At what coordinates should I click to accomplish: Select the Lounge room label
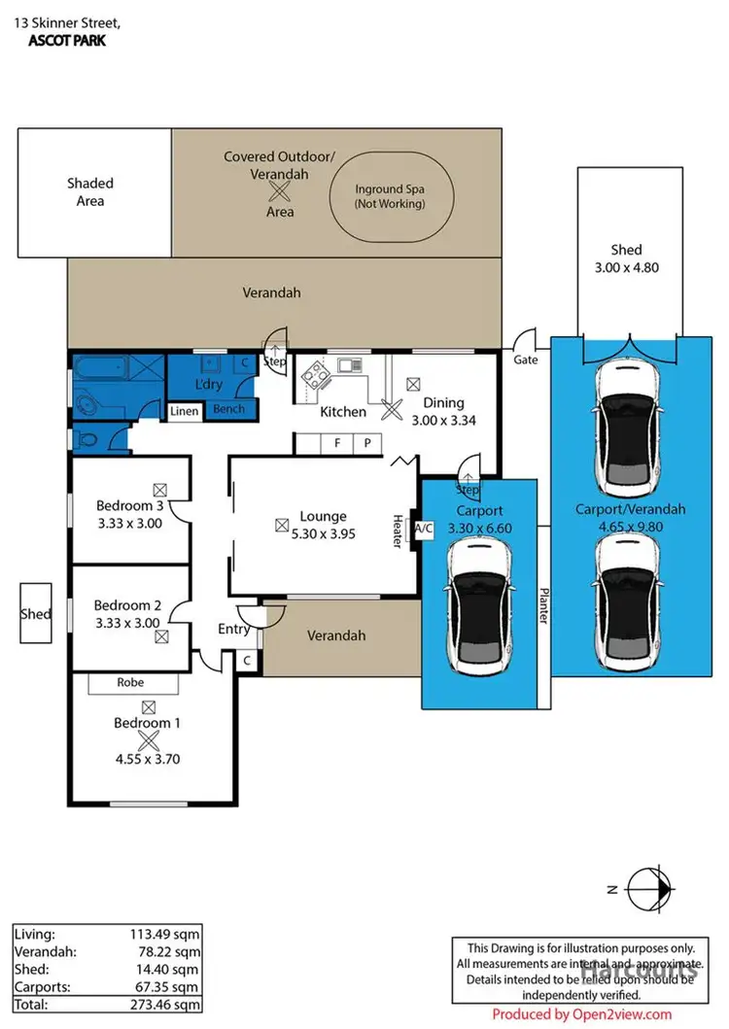(323, 516)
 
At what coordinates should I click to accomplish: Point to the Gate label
(525, 360)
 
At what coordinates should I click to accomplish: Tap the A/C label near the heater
(424, 529)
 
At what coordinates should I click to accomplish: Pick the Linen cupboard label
(185, 412)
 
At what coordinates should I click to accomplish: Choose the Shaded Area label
(90, 191)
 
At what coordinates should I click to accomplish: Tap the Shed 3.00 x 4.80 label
(627, 258)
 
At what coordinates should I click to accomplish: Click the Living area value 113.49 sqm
(167, 935)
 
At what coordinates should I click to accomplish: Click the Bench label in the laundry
(228, 410)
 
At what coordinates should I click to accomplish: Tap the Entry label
(234, 629)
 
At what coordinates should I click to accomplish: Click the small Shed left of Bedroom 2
(36, 613)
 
